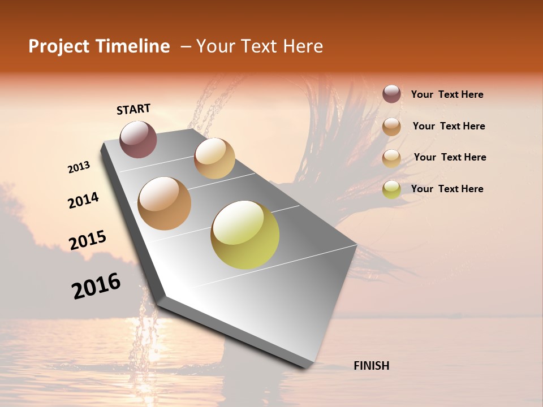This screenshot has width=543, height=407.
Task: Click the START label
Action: coord(133,109)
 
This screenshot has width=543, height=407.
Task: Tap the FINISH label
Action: coord(371,366)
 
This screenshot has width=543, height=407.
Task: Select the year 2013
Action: coord(79,167)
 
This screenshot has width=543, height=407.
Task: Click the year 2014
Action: coord(83,200)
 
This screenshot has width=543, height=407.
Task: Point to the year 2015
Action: coord(88,240)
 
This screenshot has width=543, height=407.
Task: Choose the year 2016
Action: coord(96,286)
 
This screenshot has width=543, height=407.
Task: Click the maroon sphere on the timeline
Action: coord(138,139)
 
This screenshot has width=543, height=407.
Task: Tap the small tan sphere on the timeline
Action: coord(214,158)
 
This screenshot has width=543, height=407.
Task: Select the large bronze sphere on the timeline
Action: coord(165,203)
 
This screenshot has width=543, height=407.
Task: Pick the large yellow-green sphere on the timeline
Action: coord(245,235)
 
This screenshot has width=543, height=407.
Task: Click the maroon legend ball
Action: coord(391,94)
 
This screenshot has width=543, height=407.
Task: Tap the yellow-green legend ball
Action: coord(391,189)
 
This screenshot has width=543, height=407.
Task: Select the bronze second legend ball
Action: coord(391,127)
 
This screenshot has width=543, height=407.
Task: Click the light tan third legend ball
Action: coord(391,158)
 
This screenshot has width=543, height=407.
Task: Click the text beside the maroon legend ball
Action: coord(447,94)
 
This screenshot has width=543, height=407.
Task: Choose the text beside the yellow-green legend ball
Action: coord(447,189)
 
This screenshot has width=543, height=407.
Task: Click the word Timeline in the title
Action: coord(132,46)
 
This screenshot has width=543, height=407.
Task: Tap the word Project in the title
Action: coord(58,46)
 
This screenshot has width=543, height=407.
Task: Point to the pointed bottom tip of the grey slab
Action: coord(306,367)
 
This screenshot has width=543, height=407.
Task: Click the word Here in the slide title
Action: coord(303,46)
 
